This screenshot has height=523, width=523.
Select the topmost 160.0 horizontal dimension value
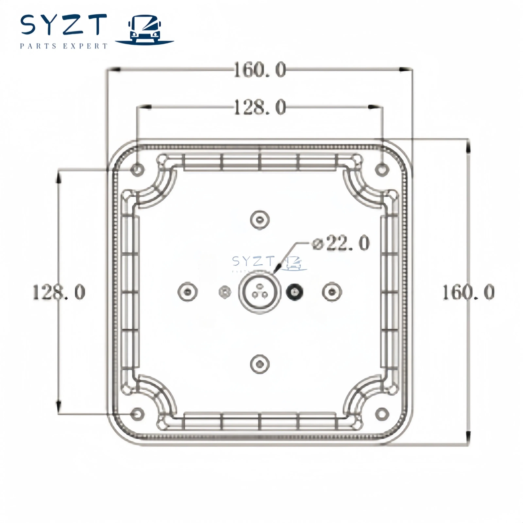(259, 70)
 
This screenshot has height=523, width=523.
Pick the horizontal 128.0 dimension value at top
(259, 107)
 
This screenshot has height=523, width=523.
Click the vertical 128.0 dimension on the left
(59, 292)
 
